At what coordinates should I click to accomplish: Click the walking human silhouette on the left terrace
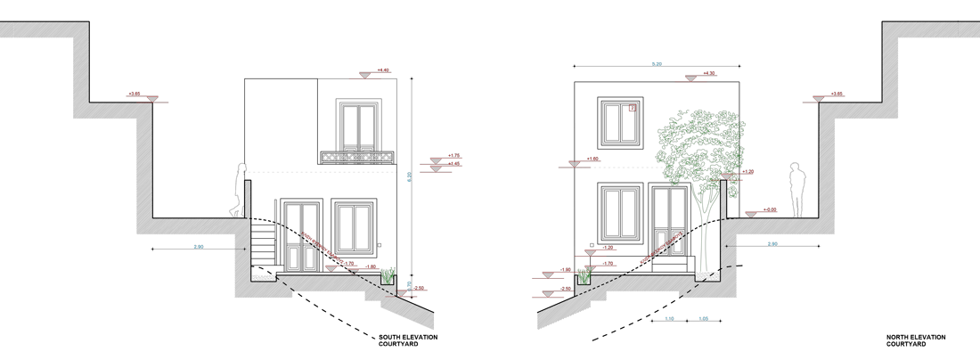point(239,191)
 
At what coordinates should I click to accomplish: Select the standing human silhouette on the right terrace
point(797,190)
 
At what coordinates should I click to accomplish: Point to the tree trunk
point(708,232)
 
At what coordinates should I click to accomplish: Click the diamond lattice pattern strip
point(356,157)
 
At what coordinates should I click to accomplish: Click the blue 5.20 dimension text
point(657,64)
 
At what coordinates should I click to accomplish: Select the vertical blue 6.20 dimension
point(409,176)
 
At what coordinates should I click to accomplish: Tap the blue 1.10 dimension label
point(669,318)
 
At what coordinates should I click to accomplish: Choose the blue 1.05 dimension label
point(704,318)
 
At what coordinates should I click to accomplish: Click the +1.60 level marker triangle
point(576,164)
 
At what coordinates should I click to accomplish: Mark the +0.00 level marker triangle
point(751,214)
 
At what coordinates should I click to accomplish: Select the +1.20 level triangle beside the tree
point(727,176)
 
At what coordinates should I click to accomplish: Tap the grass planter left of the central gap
point(388,278)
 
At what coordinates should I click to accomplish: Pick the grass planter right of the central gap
point(584,278)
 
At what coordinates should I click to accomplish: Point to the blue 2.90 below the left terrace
point(198,245)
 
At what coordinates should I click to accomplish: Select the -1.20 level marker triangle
point(589,253)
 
